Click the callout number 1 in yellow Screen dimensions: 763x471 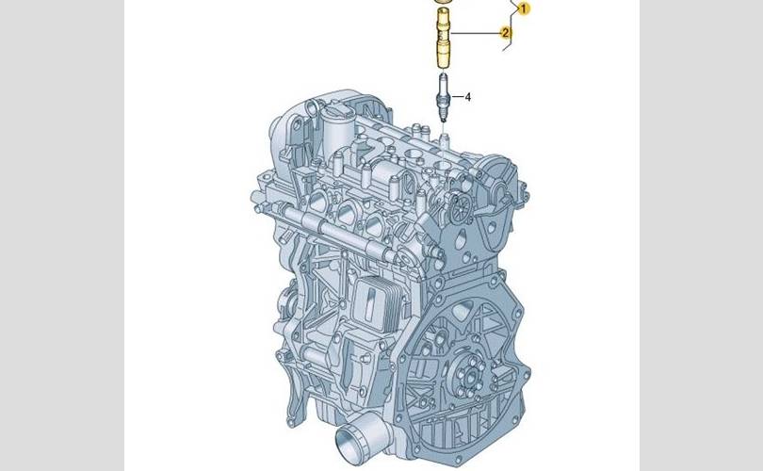coord(524,8)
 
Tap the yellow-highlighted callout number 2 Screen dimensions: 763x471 coord(506,33)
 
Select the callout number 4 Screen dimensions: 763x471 coord(467,97)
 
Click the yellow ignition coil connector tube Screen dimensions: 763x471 coord(443,39)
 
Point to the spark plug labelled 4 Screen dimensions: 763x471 coord(443,97)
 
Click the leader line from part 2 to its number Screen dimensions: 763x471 coord(476,33)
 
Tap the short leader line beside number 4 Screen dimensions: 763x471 coord(457,96)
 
